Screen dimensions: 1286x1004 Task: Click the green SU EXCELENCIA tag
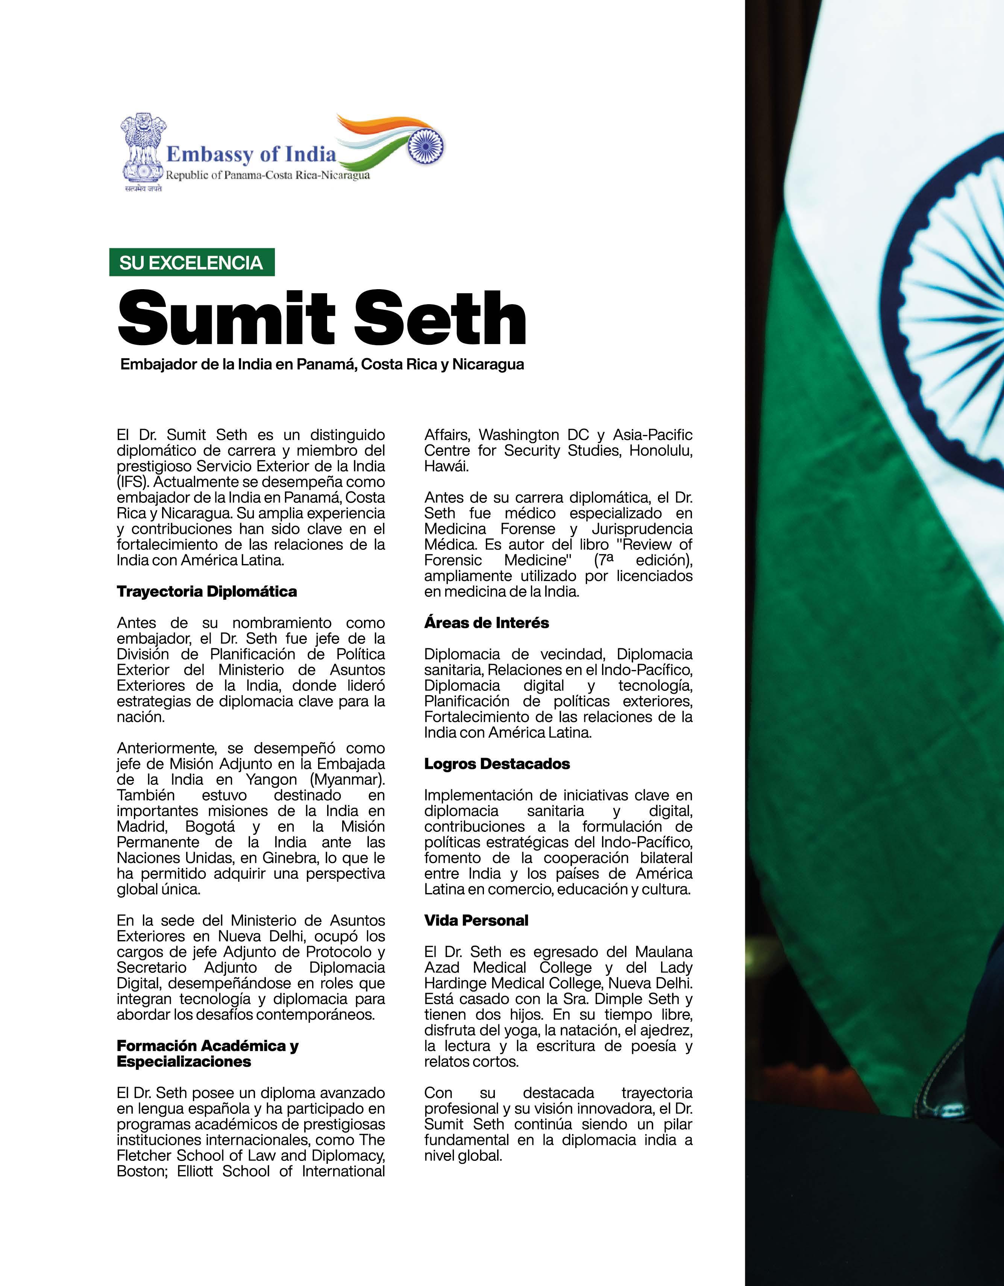point(191,262)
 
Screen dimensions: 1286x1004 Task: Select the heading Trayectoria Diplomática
point(207,591)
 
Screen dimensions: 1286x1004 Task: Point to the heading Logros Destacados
point(497,764)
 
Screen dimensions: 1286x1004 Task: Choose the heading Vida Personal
point(476,921)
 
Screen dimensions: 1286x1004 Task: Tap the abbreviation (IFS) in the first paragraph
point(131,482)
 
